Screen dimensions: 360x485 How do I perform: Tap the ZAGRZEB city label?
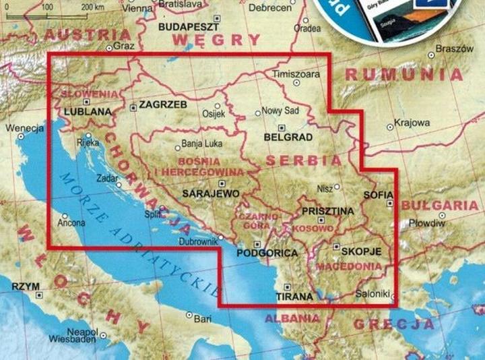[x=162, y=105]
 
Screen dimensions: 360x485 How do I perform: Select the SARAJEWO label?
[x=212, y=193]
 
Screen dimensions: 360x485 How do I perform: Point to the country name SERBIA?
[x=304, y=161]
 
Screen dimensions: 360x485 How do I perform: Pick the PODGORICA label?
[x=267, y=253]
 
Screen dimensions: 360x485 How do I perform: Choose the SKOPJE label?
[x=362, y=251]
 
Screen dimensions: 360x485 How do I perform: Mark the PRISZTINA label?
[x=328, y=211]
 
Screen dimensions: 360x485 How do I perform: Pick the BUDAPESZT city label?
[x=189, y=28]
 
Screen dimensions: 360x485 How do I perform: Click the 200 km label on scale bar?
[x=93, y=6]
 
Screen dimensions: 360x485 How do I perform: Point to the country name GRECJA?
[x=393, y=324]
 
